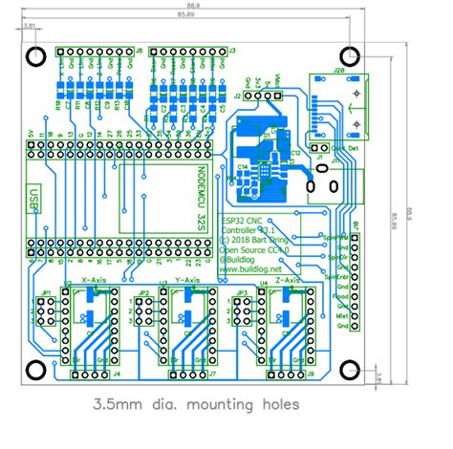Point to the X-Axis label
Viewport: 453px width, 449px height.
click(x=95, y=280)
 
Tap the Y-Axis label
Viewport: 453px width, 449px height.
click(x=188, y=280)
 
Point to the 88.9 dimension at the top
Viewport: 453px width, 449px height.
click(x=193, y=6)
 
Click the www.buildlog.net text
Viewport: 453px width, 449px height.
click(x=254, y=269)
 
